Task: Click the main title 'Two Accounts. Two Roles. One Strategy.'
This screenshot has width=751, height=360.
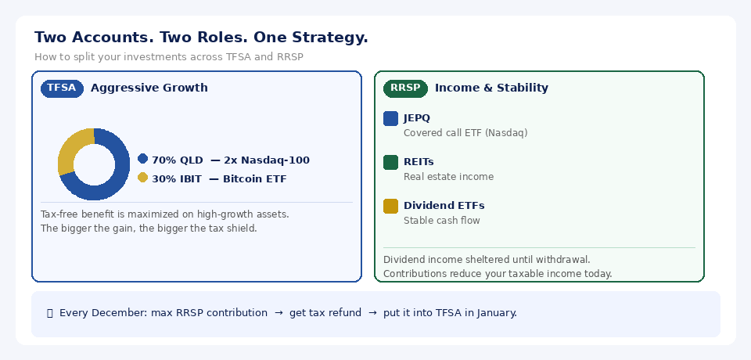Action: (x=201, y=38)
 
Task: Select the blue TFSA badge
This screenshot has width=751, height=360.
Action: (x=62, y=88)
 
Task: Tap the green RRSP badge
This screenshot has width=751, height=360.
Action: (x=405, y=88)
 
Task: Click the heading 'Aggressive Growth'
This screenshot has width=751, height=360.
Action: (x=149, y=88)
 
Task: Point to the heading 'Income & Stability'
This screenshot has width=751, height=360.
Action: (x=491, y=88)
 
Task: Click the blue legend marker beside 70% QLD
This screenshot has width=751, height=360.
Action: (x=142, y=159)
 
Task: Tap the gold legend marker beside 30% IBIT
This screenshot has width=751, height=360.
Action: (x=142, y=178)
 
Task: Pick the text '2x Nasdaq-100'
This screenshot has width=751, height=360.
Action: (x=266, y=160)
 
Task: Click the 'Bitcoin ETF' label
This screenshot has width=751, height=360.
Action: (x=254, y=179)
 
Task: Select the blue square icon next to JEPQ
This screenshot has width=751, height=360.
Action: (x=390, y=119)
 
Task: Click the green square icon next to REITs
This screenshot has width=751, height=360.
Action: (x=390, y=163)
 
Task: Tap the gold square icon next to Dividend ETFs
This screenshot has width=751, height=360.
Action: (x=390, y=207)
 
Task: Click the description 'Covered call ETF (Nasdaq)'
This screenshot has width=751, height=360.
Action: (x=465, y=133)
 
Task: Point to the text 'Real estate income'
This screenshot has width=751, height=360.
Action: (x=448, y=177)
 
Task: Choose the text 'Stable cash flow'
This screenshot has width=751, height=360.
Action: (x=442, y=221)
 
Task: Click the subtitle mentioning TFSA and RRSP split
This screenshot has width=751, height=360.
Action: (x=168, y=57)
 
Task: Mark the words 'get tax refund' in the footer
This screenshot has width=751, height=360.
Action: (x=325, y=313)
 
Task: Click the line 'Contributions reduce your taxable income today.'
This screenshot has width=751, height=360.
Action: (x=498, y=274)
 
